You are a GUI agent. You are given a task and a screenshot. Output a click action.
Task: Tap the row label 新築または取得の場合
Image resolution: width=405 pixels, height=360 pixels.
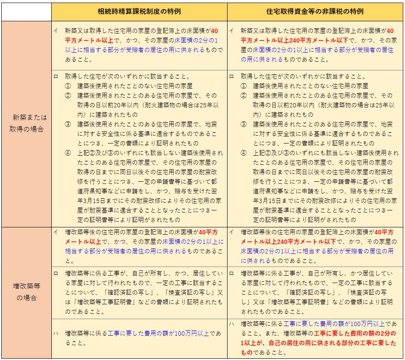(x=26, y=123)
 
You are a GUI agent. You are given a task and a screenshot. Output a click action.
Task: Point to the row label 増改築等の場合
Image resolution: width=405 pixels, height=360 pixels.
(x=26, y=292)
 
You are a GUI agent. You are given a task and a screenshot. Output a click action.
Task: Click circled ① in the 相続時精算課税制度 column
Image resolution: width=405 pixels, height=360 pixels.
(x=68, y=86)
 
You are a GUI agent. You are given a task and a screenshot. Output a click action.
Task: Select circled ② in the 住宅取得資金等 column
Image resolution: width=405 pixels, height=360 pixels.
(x=244, y=96)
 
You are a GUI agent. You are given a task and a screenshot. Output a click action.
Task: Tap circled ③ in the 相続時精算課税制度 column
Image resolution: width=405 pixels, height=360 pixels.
(x=68, y=124)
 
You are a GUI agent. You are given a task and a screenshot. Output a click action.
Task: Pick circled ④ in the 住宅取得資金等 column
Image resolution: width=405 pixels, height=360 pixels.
(x=244, y=153)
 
